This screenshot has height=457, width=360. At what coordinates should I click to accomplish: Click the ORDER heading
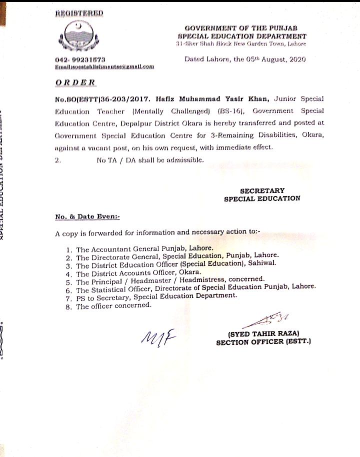(76, 81)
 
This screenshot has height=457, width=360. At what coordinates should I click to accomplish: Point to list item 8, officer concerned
(112, 306)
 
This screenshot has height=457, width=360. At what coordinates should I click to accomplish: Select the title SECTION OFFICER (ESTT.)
(263, 342)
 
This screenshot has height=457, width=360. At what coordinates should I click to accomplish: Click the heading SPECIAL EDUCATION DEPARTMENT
(241, 36)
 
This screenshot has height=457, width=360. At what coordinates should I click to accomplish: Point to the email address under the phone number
(104, 66)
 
